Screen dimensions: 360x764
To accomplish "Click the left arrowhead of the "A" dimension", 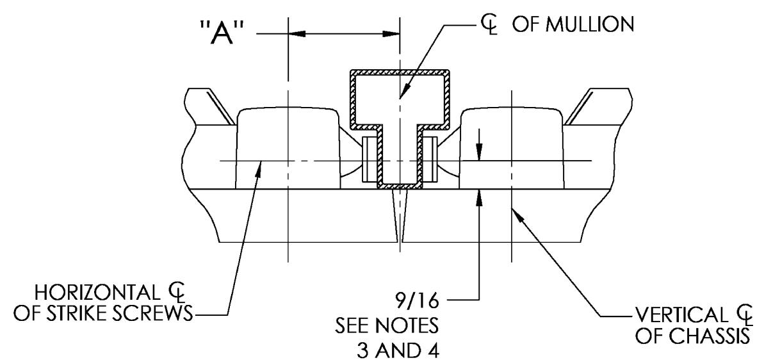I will (297, 35).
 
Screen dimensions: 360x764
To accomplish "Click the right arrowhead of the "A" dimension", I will (392, 35).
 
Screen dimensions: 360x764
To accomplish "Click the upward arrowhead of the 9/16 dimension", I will (479, 195).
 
